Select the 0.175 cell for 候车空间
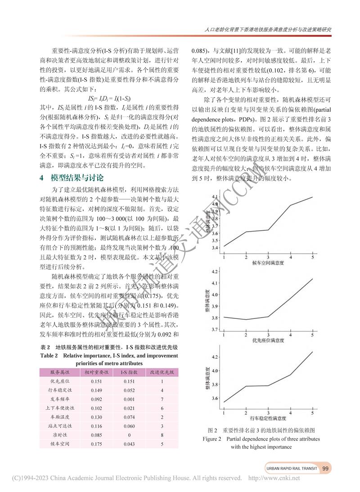(97, 444)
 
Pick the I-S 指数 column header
(129, 372)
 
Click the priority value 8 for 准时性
(162, 435)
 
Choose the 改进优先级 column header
(162, 372)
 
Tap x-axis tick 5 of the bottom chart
(312, 412)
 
